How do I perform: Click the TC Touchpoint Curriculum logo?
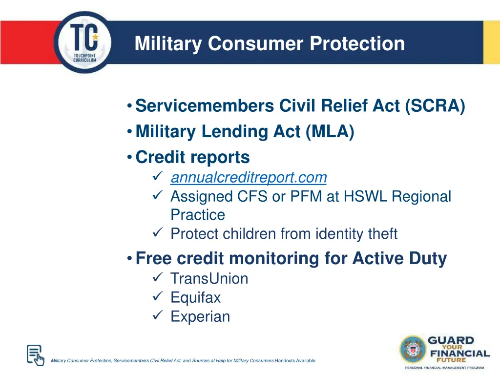(83, 43)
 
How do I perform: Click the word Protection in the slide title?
(357, 43)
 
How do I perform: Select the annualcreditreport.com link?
(248, 177)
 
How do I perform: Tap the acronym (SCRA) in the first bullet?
(435, 105)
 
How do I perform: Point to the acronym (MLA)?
(331, 131)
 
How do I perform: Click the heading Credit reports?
(192, 157)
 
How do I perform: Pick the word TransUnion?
(209, 279)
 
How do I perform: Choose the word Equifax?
(195, 297)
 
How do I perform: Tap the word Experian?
(200, 316)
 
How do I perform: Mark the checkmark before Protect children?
(157, 234)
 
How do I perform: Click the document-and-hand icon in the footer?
(35, 355)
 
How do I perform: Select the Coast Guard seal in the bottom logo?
(413, 349)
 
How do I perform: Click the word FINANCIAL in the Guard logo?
(458, 353)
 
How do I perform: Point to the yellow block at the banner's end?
(491, 42)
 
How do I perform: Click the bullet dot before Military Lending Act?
(128, 132)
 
